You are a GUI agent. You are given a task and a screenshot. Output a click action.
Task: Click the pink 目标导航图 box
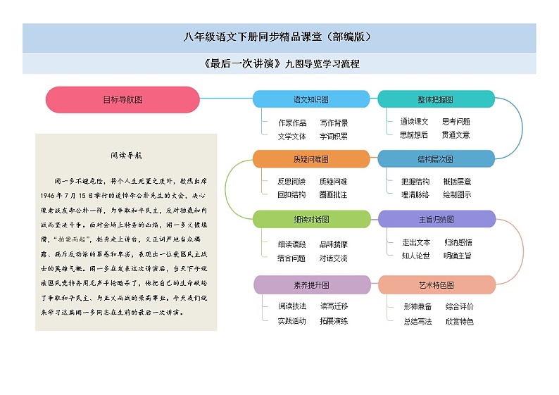(123, 99)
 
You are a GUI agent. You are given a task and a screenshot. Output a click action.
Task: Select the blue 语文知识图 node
(310, 99)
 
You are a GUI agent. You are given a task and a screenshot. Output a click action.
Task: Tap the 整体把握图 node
(436, 99)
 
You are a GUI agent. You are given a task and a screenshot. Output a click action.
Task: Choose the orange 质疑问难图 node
(310, 159)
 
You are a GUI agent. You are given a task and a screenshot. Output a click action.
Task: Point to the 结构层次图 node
(436, 159)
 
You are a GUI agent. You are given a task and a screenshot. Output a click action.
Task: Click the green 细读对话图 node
(310, 219)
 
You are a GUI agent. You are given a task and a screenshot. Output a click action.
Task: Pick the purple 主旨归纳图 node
(436, 219)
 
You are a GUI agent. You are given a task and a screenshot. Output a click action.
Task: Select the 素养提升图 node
(310, 285)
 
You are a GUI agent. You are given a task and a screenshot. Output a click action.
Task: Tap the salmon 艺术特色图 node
(436, 285)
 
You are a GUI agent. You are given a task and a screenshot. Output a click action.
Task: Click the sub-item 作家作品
(292, 123)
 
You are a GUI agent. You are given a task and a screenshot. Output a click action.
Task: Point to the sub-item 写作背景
(334, 123)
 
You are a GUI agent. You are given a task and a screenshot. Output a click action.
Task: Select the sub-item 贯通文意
(456, 134)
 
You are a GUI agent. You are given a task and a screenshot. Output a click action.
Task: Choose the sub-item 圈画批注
(333, 194)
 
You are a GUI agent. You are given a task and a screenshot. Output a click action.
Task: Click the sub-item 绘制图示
(457, 194)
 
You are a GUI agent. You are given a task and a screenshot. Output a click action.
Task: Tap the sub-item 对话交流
(333, 258)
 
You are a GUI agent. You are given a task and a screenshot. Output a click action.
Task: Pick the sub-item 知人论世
(416, 256)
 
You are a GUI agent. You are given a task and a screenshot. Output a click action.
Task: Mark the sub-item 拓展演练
(334, 321)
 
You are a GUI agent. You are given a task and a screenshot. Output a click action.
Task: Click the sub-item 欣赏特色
(459, 321)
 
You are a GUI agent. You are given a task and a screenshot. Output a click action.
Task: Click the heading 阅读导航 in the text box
(126, 154)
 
